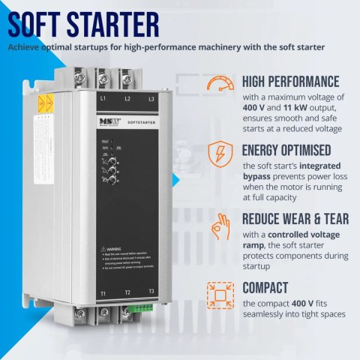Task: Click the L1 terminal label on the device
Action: [x=102, y=98]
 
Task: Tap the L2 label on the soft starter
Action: [x=127, y=98]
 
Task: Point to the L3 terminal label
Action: [x=151, y=98]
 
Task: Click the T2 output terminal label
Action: [x=127, y=292]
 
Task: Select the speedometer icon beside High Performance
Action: [x=217, y=84]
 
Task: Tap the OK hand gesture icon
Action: [x=217, y=223]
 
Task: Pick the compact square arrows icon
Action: [x=217, y=292]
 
